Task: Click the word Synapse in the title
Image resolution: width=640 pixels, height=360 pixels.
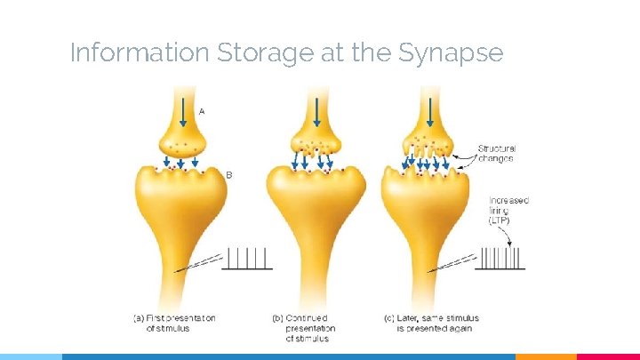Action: tap(451, 54)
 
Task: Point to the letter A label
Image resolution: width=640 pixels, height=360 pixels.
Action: tap(202, 112)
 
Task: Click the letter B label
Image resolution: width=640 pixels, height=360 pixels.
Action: tap(228, 175)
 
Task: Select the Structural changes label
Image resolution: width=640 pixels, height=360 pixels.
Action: tap(496, 154)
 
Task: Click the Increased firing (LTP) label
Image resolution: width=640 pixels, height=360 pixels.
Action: tap(508, 211)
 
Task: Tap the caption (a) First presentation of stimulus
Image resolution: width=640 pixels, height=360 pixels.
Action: tap(174, 323)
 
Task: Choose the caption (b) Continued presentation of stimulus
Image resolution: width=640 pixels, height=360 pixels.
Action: tap(307, 327)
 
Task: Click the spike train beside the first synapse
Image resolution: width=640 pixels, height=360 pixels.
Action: tap(246, 259)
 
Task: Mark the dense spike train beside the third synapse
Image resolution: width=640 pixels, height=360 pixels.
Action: tap(502, 259)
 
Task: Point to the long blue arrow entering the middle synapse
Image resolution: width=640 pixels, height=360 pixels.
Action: tap(316, 110)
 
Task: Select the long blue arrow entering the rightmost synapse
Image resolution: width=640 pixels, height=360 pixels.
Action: tap(430, 110)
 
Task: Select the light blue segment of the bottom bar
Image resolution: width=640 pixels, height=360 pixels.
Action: tap(31, 356)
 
